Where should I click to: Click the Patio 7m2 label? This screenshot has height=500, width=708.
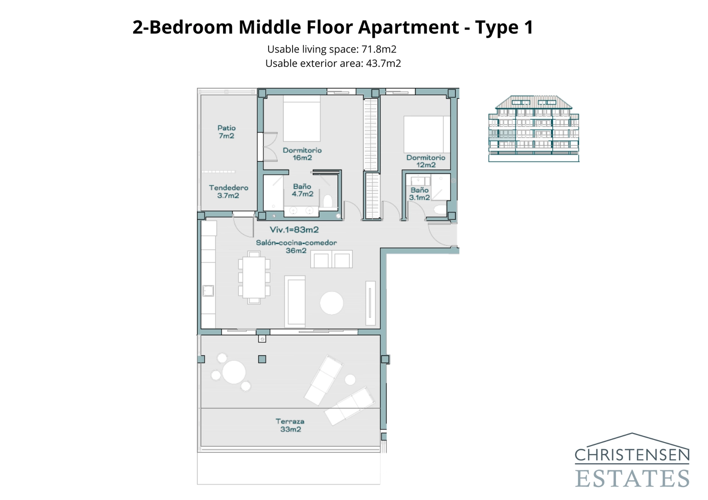coord(226,132)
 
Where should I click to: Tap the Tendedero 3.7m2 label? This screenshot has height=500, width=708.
coord(228,191)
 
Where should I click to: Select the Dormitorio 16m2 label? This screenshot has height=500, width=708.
coord(302,154)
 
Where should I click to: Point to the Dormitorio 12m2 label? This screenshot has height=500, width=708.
coord(426,161)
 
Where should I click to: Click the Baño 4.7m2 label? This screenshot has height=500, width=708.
coord(302,190)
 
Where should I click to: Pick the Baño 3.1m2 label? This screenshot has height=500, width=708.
coord(419,194)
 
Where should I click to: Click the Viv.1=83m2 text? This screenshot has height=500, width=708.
coord(294,229)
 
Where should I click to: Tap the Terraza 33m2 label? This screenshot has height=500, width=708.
coord(290,425)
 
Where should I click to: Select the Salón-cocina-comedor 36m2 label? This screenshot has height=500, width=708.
coord(296,246)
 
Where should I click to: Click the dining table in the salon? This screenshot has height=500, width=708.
coord(254,277)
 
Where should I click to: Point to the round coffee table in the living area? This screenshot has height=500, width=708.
coord(331,303)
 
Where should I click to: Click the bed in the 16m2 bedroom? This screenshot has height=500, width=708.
coord(301,118)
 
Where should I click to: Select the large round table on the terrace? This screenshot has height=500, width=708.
coord(234,372)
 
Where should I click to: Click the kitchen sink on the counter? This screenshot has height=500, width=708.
coord(208,290)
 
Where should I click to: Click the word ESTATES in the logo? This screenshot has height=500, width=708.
coord(632,479)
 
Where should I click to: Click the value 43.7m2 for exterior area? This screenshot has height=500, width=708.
coord(383,63)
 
